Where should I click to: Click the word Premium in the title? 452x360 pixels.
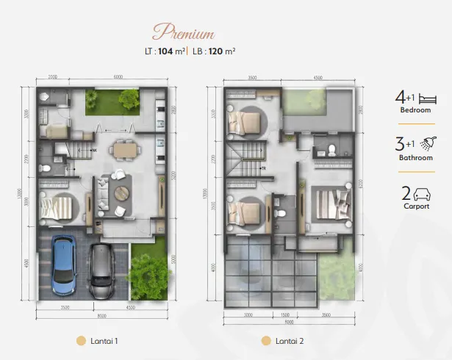point(183,32)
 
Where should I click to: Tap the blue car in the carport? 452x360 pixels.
point(63,264)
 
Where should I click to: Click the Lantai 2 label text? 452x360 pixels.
point(291,341)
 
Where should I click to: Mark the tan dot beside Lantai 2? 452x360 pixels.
point(265,341)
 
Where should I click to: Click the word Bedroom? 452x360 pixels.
point(415,110)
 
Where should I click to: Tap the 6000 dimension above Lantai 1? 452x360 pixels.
point(118,77)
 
